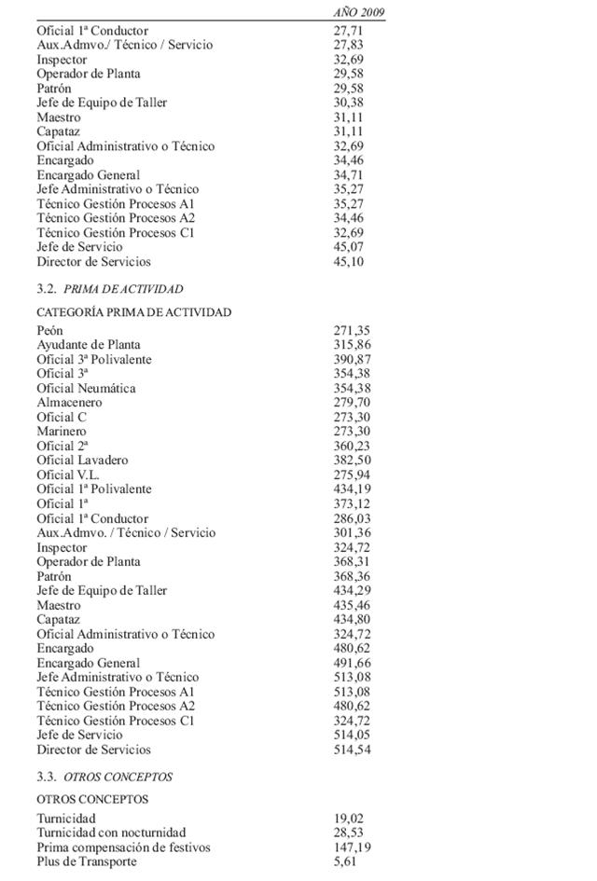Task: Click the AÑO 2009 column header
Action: click(359, 12)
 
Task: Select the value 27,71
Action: click(348, 31)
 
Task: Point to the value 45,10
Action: click(348, 262)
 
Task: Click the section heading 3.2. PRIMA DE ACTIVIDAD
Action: click(110, 289)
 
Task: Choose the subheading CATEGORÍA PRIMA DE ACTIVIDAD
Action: click(134, 312)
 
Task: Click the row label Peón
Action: click(50, 331)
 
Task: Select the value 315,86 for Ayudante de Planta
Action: click(353, 345)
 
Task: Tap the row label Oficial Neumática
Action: click(86, 388)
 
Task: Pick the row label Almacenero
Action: click(70, 403)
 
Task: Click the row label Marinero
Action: click(62, 432)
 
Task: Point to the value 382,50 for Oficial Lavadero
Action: click(353, 461)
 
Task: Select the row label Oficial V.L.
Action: click(68, 475)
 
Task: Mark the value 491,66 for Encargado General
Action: click(353, 663)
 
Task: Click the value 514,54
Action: click(353, 750)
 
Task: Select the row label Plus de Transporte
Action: click(87, 861)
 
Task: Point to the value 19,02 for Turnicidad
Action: click(349, 819)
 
